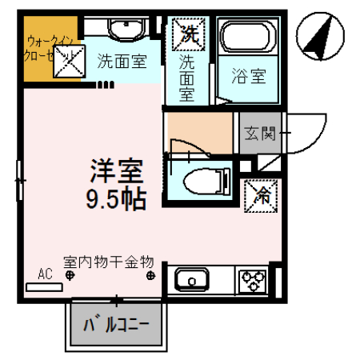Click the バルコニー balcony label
(x=118, y=325)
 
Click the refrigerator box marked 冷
(x=259, y=193)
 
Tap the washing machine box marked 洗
(x=188, y=34)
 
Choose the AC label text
(x=45, y=272)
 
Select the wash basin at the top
(x=123, y=30)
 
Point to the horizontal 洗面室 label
(x=122, y=59)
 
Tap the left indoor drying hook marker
(x=70, y=276)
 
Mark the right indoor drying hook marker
(x=150, y=276)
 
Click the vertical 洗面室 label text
(x=187, y=77)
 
